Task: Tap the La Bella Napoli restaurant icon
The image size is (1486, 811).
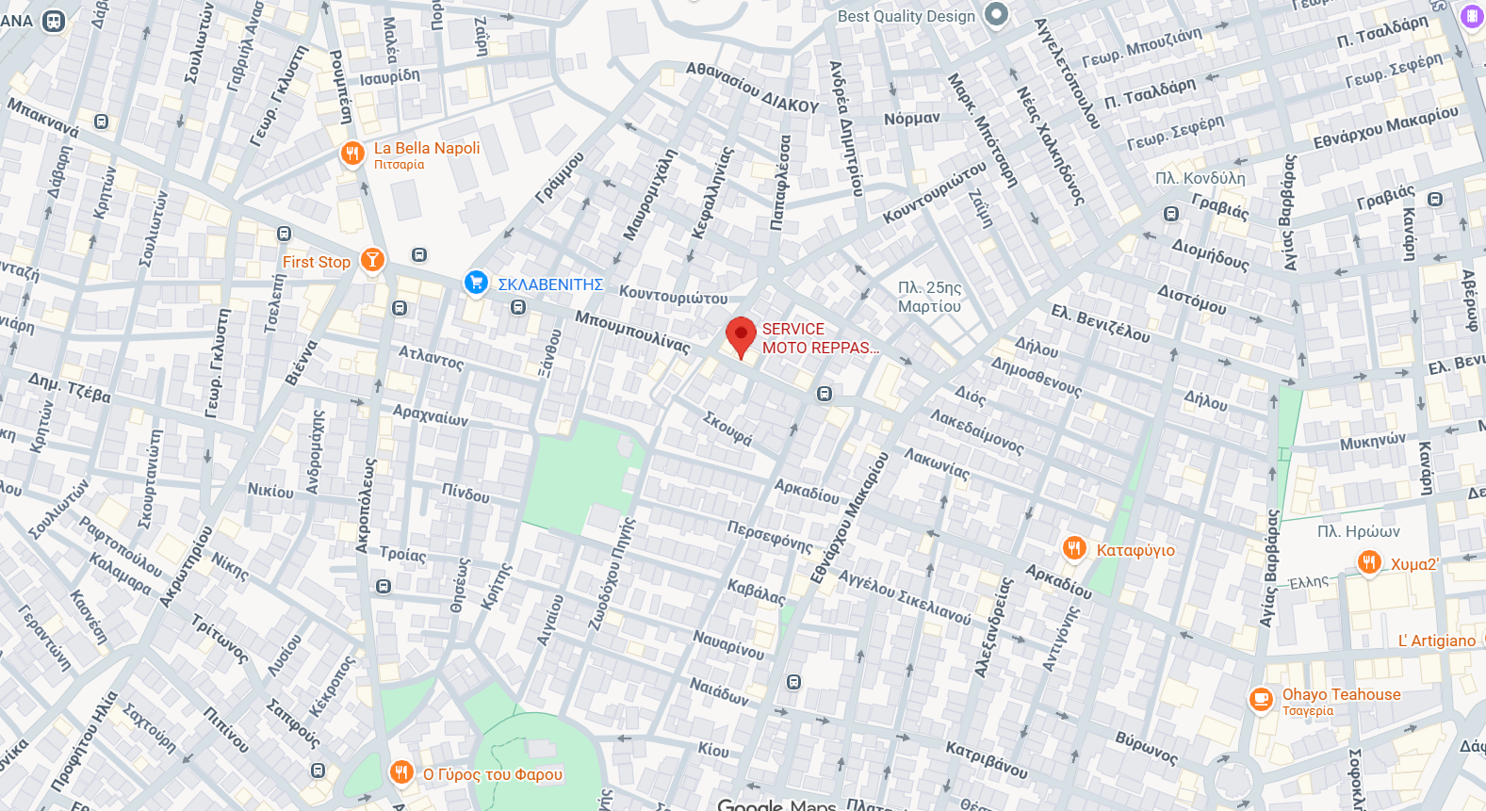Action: coord(352,154)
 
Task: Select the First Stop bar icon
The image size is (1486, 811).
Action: coord(372,260)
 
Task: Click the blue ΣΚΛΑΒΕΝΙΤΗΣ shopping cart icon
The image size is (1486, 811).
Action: coord(476,282)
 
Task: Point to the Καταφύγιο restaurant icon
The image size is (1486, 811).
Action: coord(1074,548)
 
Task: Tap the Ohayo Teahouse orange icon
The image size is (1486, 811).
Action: coord(1261,700)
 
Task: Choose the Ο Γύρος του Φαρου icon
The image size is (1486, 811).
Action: coord(401,772)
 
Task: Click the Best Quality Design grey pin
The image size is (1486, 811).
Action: coord(996,14)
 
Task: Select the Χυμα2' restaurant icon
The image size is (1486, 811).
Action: coord(1369,562)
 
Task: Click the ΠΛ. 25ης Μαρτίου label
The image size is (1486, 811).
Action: coord(929,297)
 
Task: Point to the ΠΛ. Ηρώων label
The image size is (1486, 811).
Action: coord(1358,531)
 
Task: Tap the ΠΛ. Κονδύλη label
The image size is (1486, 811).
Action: coord(1200,178)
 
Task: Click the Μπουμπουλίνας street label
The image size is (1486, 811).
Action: coord(632,331)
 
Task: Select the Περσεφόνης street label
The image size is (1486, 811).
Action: coord(769,536)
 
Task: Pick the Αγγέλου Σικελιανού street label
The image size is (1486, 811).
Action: coord(904,597)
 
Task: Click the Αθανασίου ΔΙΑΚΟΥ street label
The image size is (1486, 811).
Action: coord(752,88)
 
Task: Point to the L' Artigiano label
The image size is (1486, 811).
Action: coord(1436,641)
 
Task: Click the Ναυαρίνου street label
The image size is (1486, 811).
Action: coord(728,644)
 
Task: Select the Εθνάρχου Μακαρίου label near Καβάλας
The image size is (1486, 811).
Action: coord(849,517)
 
